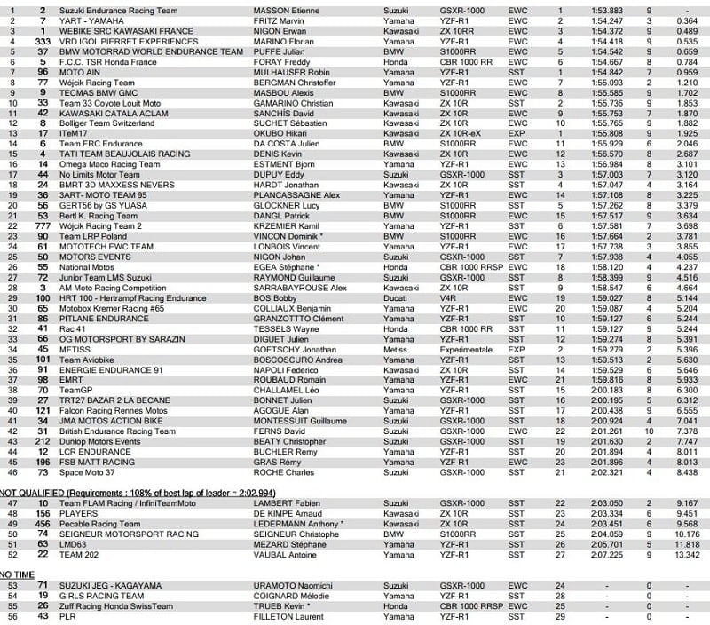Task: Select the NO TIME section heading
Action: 18,574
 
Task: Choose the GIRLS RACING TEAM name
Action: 97,597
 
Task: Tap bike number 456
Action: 41,523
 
